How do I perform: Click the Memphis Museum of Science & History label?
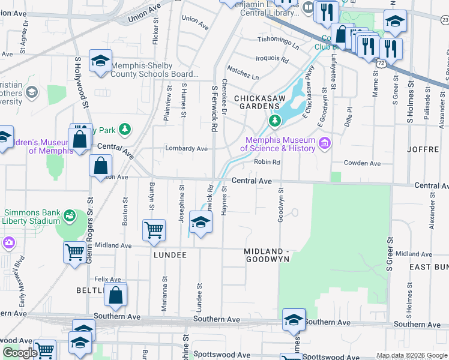tap(278, 145)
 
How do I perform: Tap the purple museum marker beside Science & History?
tap(325, 143)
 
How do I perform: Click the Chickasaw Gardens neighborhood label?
tap(258, 102)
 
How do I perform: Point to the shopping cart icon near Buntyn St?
tap(154, 229)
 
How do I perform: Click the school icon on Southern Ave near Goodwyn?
tap(294, 320)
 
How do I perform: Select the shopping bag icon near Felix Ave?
tap(116, 295)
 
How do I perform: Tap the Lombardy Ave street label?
tap(187, 149)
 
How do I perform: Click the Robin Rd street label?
tap(268, 162)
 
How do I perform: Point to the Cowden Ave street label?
tap(362, 163)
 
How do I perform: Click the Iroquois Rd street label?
tap(273, 60)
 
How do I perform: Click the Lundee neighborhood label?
tap(170, 255)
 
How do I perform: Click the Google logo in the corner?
tap(20, 353)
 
